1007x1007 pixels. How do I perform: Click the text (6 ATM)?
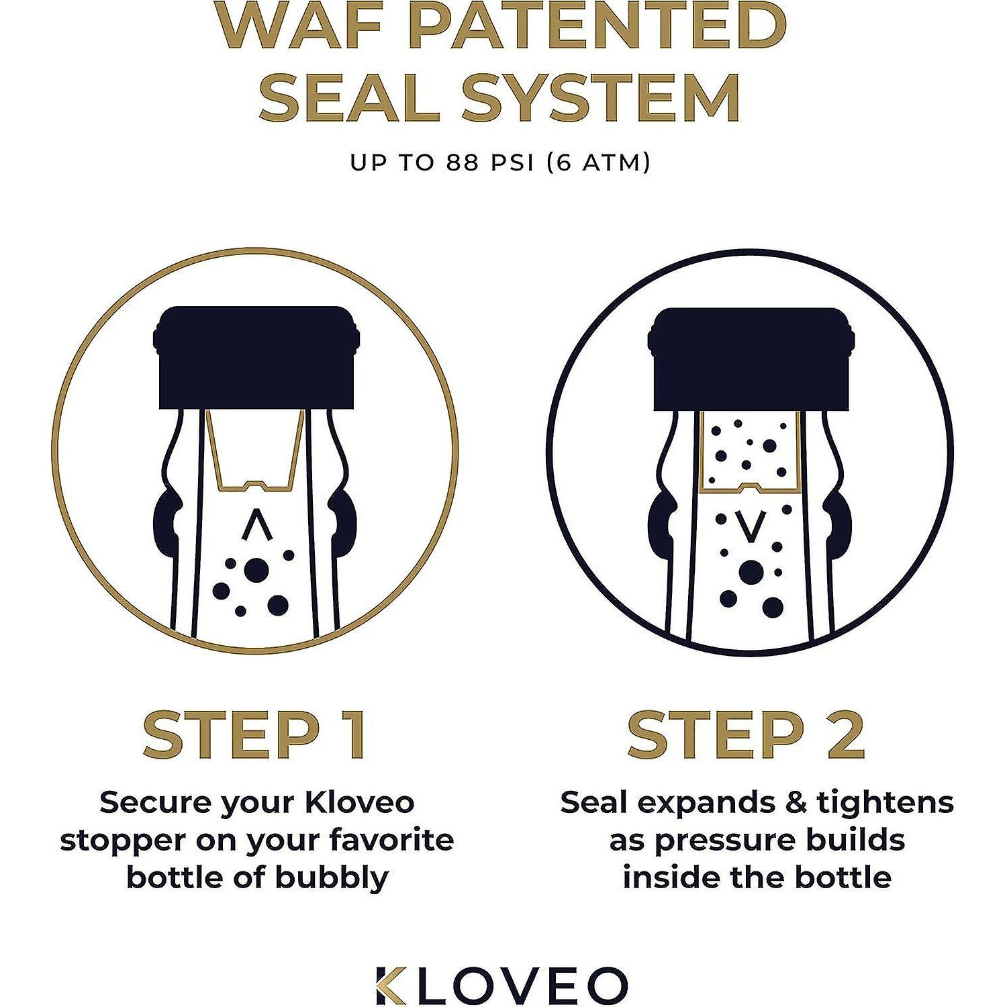(x=598, y=162)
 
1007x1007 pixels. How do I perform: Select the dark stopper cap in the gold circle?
(x=256, y=357)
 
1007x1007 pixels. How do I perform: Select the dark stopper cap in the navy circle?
(x=751, y=359)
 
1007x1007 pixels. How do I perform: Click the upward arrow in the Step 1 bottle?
(x=257, y=525)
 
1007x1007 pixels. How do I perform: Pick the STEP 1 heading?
(x=255, y=734)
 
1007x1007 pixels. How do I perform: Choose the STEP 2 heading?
(x=747, y=734)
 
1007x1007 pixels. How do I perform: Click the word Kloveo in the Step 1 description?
(x=360, y=802)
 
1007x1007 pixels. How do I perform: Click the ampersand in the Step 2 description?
(x=796, y=803)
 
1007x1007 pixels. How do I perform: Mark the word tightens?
(x=885, y=803)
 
